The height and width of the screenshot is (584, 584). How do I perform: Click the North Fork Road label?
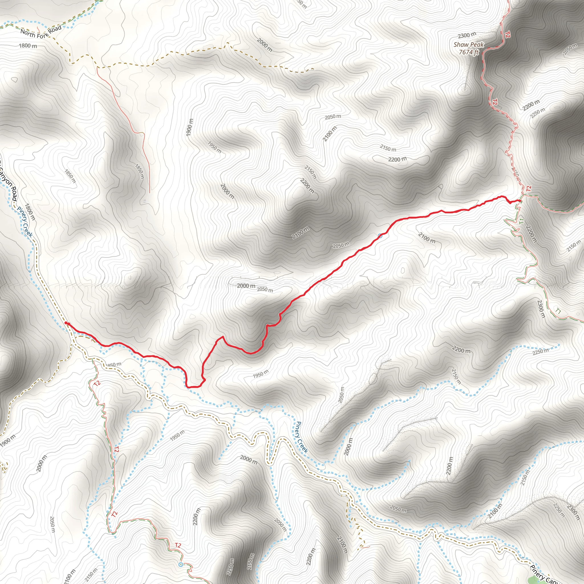tap(41, 32)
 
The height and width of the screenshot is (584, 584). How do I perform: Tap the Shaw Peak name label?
tap(469, 45)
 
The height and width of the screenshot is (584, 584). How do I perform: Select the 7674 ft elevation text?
tap(469, 52)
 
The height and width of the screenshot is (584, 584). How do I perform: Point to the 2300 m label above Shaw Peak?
tap(467, 35)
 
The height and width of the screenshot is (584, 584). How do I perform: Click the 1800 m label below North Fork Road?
tap(28, 46)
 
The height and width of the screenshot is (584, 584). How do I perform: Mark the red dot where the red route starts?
tap(66, 323)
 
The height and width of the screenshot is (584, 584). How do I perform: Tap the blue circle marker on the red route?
tap(380, 236)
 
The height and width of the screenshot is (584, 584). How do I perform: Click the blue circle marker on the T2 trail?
tap(181, 564)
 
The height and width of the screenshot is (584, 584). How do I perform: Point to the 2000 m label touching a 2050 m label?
tap(246, 286)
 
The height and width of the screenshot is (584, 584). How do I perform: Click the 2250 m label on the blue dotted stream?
tap(540, 351)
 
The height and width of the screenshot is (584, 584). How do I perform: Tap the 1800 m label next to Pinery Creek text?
tap(30, 212)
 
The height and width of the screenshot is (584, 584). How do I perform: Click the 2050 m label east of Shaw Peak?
tap(570, 50)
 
